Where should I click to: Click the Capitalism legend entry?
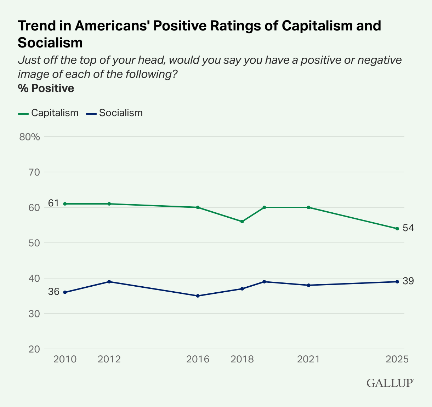coord(49,113)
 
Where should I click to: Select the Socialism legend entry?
coord(115,113)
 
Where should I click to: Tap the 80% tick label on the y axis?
coord(30,137)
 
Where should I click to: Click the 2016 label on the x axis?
coord(198,359)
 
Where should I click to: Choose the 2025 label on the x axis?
coord(397,359)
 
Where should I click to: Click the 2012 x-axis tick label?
coord(109,359)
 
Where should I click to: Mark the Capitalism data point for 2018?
coord(242,222)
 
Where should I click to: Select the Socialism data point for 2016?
coord(198,296)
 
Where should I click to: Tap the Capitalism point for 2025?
coord(397,229)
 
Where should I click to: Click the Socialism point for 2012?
coord(109,282)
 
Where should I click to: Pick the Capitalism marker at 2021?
coord(308,207)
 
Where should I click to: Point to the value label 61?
coord(53,203)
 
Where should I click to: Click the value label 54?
coord(408,228)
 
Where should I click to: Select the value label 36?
coord(53,292)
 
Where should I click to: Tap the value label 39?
coord(408,281)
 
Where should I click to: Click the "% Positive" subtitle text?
coord(46,88)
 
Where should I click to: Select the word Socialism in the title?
coord(50,43)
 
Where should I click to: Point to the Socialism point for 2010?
coord(65,292)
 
